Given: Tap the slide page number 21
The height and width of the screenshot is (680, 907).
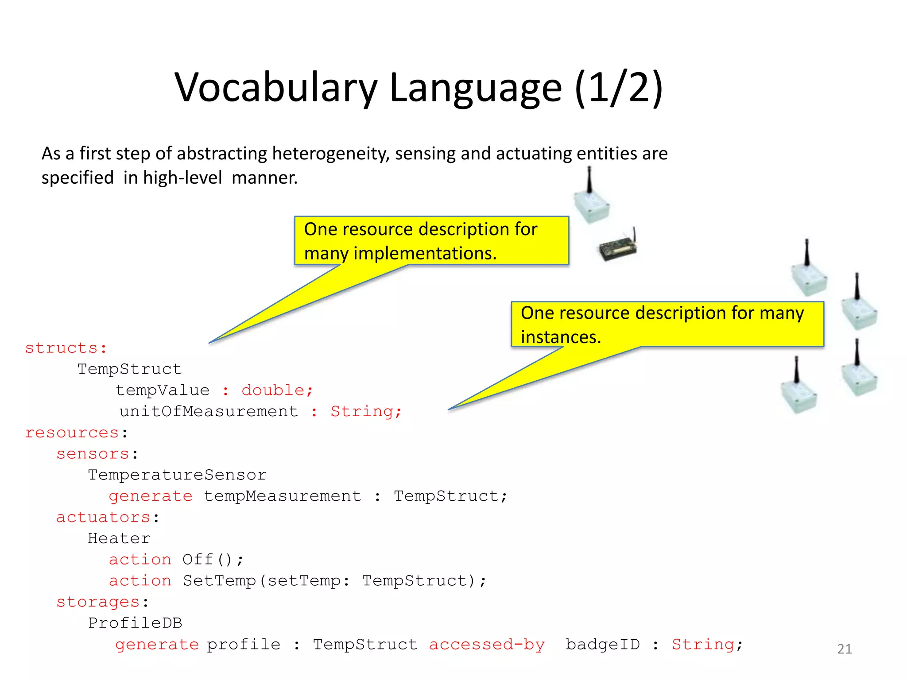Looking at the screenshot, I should [844, 649].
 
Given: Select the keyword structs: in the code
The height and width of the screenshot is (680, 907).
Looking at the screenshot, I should [66, 348].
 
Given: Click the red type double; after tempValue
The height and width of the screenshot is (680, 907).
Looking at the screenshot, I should [277, 390].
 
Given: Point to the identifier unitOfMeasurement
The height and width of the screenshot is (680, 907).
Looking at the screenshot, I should [209, 411].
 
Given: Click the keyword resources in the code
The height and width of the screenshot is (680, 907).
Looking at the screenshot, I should [72, 433].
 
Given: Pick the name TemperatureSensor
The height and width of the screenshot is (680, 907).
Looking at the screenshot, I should [177, 475].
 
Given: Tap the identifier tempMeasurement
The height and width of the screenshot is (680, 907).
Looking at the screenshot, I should [283, 496].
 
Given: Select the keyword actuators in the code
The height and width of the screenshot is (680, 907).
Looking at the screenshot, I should [103, 517].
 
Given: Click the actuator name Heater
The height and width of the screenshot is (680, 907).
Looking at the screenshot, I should [119, 538].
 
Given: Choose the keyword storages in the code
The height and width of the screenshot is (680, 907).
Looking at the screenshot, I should [98, 602].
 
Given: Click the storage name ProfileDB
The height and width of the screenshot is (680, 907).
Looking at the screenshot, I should [135, 623].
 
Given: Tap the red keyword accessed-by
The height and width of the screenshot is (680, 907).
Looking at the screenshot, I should [487, 644].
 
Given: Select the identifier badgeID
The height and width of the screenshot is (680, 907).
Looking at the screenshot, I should [603, 644].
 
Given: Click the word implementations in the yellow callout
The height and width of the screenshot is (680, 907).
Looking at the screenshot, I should [425, 253].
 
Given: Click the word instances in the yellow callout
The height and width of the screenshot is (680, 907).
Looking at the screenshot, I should [561, 337].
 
